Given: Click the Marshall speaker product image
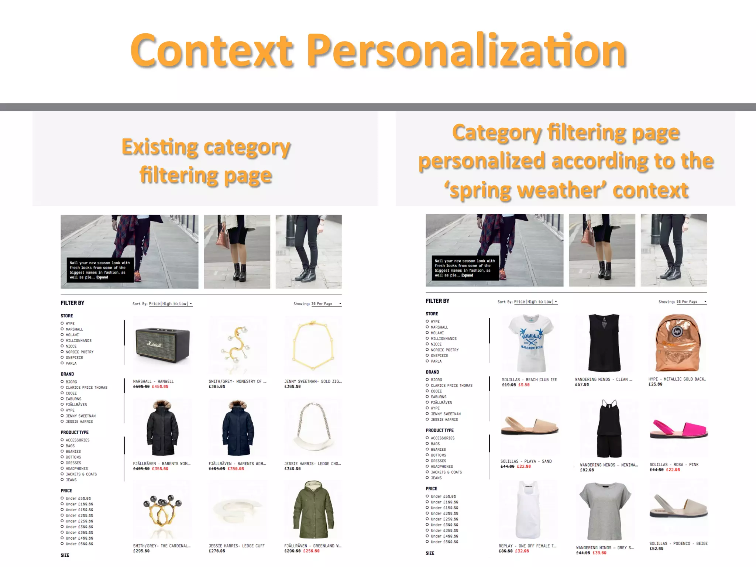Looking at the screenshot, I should coord(162,345).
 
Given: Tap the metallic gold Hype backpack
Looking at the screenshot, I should coord(677,343).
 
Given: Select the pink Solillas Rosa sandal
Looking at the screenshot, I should coord(678,430).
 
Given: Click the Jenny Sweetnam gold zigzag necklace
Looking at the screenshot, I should coord(313,345).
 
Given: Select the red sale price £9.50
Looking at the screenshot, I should coord(524,385).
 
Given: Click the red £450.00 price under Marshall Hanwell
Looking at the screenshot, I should coord(160,386).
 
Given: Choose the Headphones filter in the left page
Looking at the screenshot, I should coord(76,468).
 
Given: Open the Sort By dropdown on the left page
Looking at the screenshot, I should coord(170,304).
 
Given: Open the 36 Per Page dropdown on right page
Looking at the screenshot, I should coord(691,302).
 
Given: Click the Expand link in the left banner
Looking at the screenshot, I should coord(102,277).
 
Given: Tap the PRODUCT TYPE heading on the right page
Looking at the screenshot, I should coord(439,430).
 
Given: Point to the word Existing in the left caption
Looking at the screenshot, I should coord(159,147).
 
